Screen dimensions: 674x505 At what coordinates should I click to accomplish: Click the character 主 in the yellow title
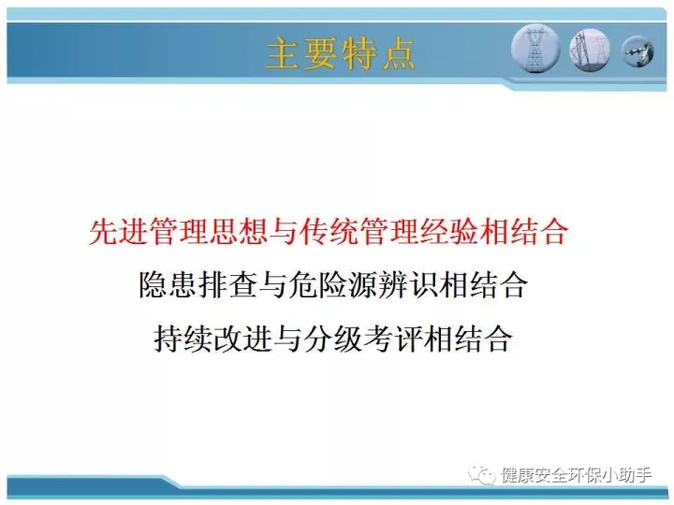283,53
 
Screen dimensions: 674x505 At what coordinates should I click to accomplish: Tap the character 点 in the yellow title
399,53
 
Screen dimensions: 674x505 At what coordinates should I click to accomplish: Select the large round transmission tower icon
535,48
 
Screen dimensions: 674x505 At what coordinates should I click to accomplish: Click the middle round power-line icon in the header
590,50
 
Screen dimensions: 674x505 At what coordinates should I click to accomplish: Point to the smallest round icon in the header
637,51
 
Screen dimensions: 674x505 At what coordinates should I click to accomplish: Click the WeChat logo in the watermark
482,474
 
